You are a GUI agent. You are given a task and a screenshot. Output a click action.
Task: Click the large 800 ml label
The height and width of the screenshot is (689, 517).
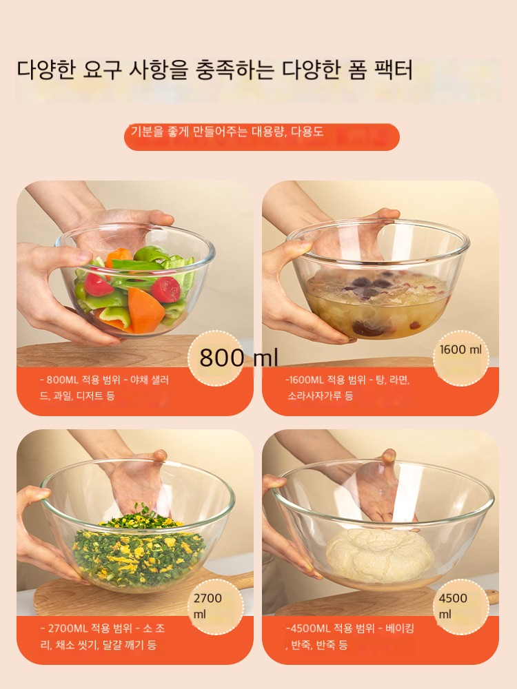point(239,358)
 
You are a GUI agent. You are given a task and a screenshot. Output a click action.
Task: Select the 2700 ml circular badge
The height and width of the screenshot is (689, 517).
point(215,606)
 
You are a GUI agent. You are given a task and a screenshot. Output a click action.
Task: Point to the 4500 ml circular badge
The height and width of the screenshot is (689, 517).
point(460,606)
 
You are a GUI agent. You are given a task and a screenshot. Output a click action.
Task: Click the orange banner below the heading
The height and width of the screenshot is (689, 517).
point(262,136)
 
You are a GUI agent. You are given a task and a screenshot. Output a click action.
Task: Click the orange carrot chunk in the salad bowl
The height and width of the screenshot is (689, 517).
point(145,310)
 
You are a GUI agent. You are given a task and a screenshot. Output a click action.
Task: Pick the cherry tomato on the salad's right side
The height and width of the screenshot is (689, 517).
point(166,289)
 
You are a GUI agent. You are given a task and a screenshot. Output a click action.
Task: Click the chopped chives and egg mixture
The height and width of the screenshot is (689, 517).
point(139,549)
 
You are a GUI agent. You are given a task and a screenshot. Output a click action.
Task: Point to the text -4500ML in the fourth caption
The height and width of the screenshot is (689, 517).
point(307,628)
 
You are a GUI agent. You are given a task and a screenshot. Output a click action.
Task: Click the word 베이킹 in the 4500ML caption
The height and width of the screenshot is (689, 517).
point(400,628)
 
